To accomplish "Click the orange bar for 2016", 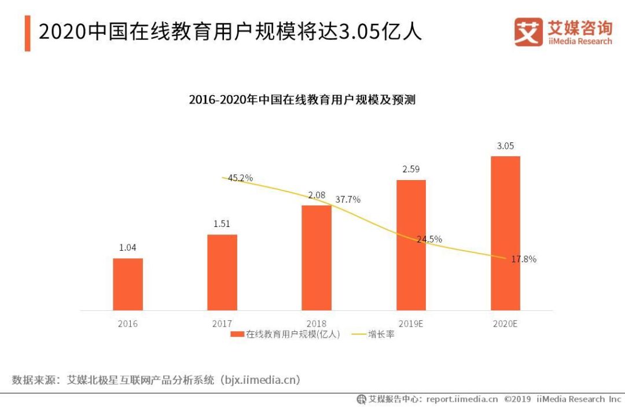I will [x=127, y=284].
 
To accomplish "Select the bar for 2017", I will [x=222, y=272].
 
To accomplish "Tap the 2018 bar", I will [x=317, y=258].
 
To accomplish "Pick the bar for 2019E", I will [x=411, y=245].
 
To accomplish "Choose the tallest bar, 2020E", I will [x=505, y=233].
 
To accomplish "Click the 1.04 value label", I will [x=127, y=248].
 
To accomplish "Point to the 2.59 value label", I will [x=411, y=169].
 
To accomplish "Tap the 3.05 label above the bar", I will [x=505, y=146].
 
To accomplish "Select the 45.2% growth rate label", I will [x=240, y=178].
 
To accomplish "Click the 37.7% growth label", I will [x=348, y=200].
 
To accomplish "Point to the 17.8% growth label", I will [x=523, y=259].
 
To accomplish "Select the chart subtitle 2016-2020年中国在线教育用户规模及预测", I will [x=302, y=100].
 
